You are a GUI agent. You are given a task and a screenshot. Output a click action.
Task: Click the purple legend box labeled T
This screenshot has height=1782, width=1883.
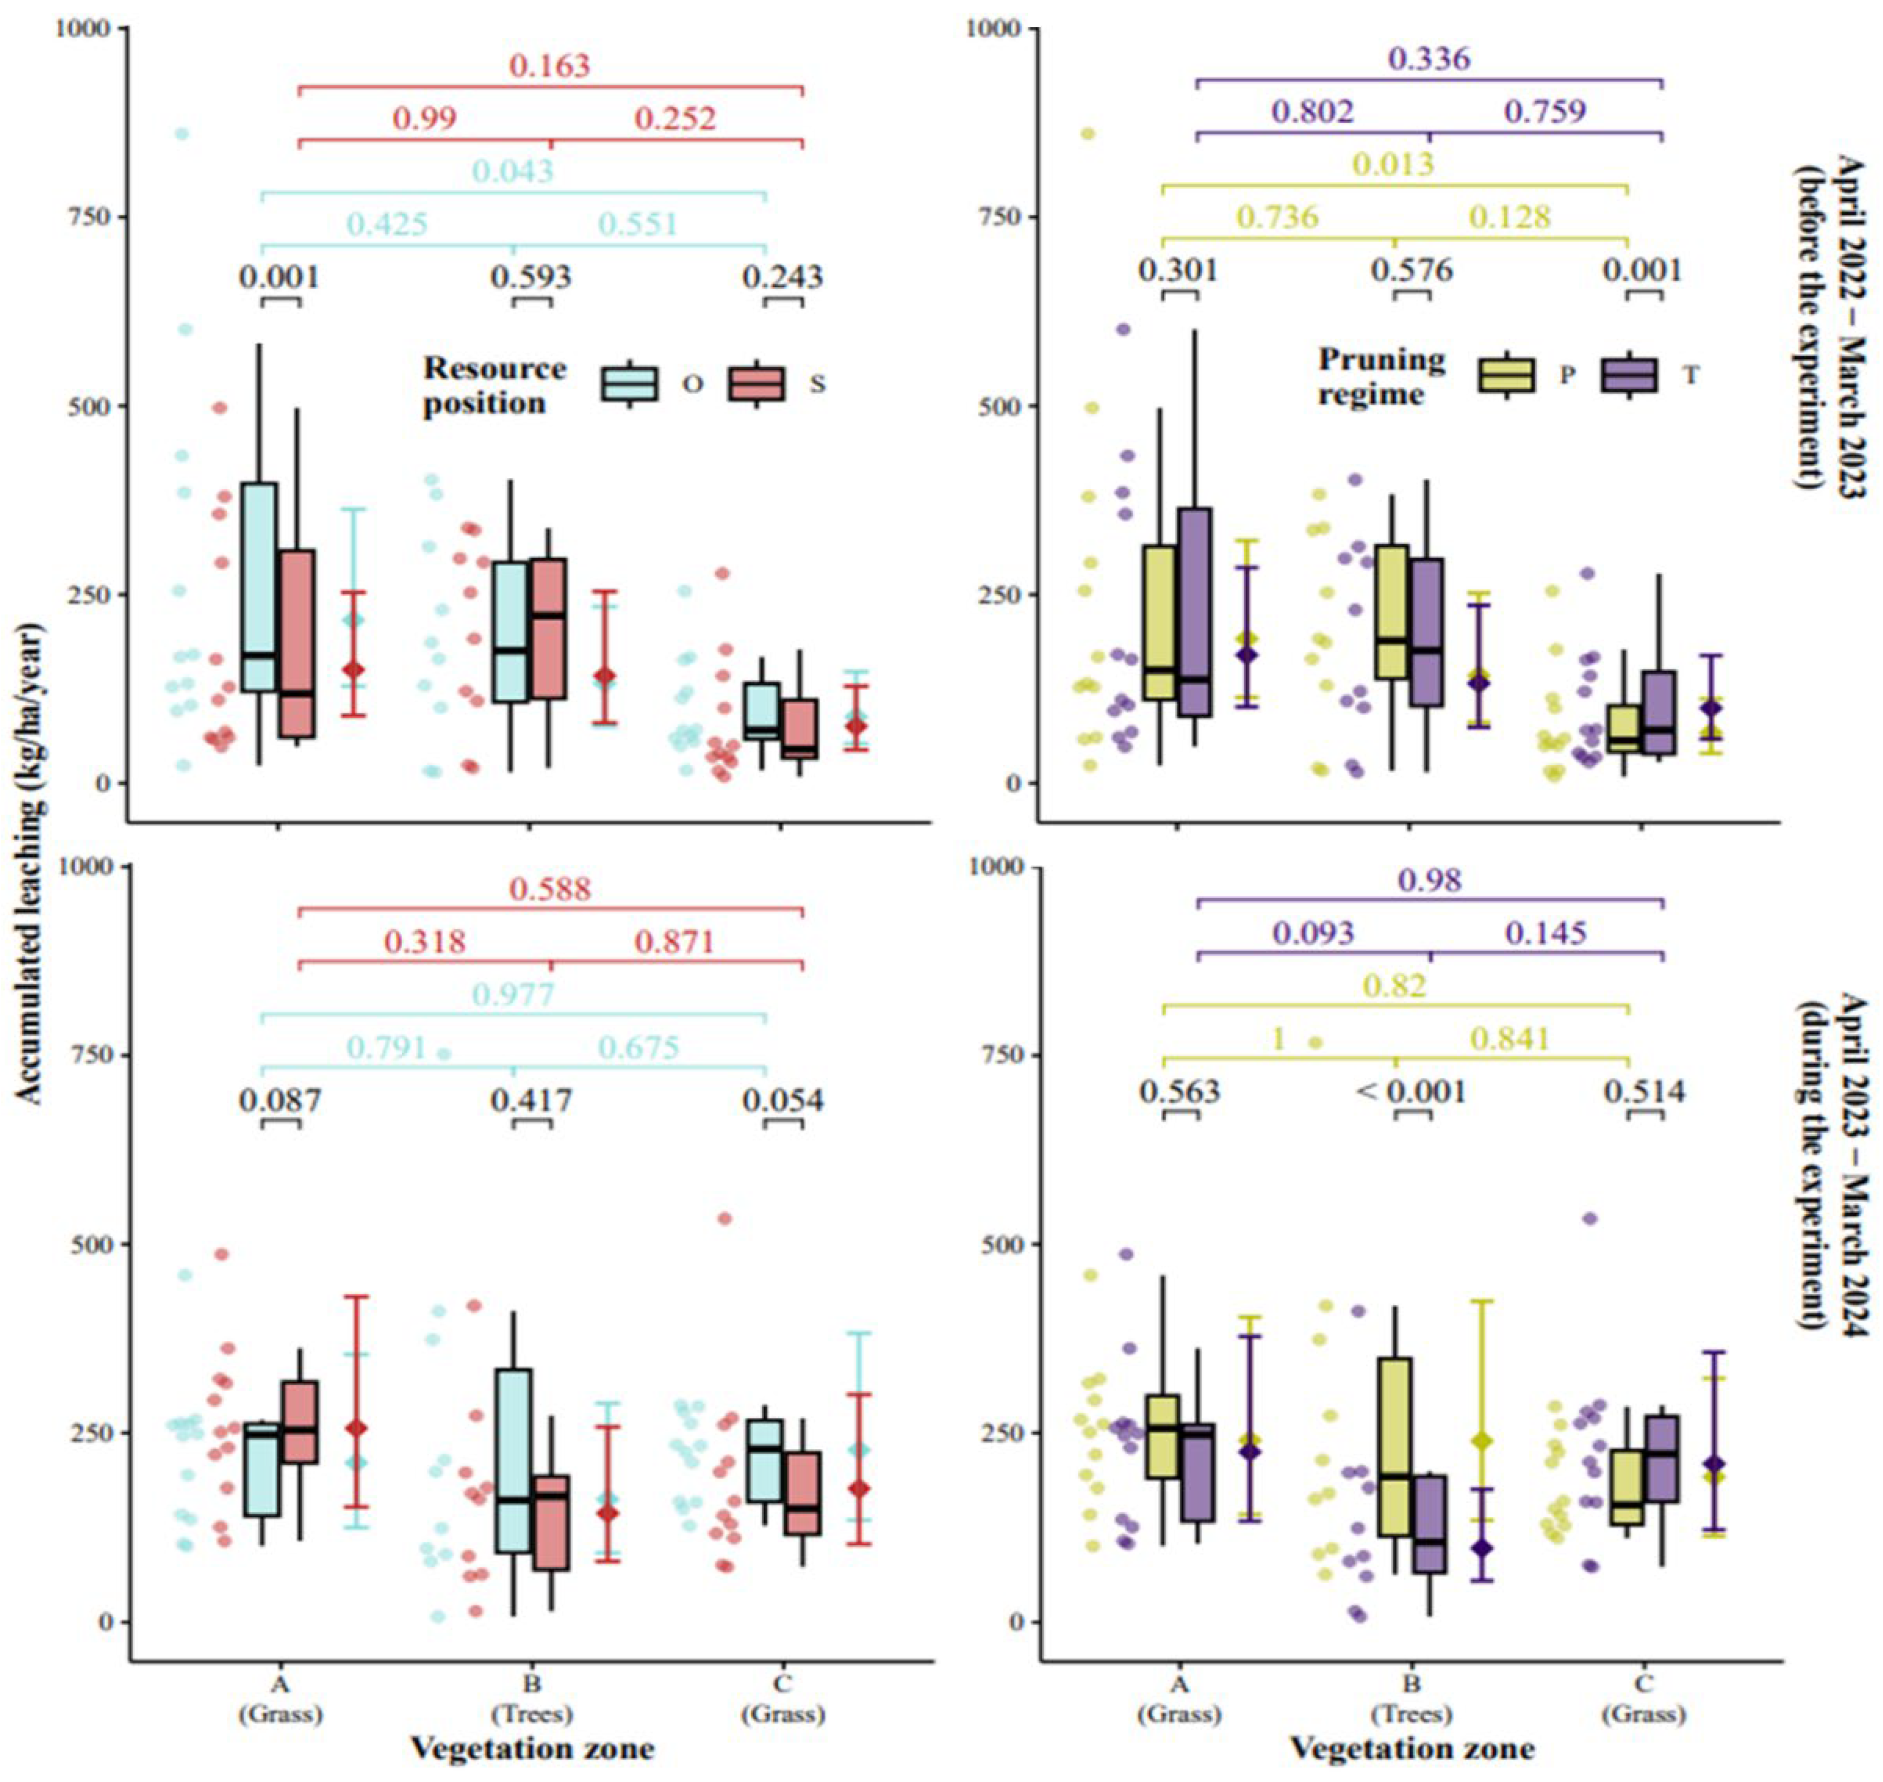1630,375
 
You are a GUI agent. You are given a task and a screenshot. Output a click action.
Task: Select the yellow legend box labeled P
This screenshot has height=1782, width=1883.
1506,375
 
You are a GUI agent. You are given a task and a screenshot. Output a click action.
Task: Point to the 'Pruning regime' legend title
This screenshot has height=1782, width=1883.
1382,376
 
